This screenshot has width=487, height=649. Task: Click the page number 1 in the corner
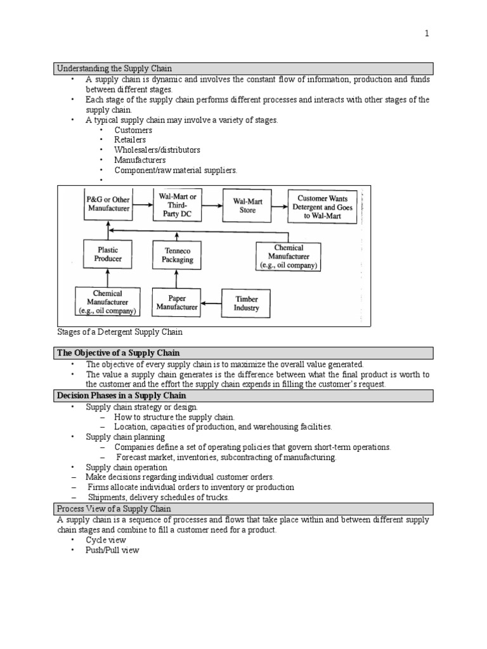(x=427, y=34)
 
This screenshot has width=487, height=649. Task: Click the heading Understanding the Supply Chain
(x=115, y=68)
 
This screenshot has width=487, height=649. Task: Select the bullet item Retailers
(x=130, y=139)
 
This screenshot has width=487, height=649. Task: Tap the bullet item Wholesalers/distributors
(x=157, y=150)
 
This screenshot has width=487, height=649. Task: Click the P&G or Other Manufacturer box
(x=108, y=203)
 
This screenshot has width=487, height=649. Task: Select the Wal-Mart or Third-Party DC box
(x=178, y=205)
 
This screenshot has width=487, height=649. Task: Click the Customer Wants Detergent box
(x=323, y=207)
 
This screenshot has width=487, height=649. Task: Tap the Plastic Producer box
(x=108, y=254)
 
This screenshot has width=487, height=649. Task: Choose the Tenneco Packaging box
(x=176, y=255)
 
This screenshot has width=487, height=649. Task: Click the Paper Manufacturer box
(x=176, y=303)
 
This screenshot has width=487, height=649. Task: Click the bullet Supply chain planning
(x=125, y=437)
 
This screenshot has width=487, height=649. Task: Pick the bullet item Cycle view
(x=106, y=540)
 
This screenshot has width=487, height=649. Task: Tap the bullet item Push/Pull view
(x=112, y=550)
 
